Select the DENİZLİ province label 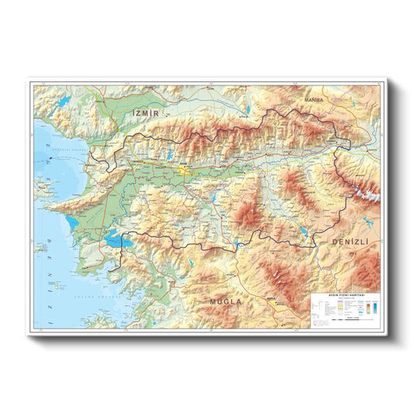click(353, 242)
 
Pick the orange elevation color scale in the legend click(362, 309)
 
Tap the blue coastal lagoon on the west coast click(72, 221)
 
